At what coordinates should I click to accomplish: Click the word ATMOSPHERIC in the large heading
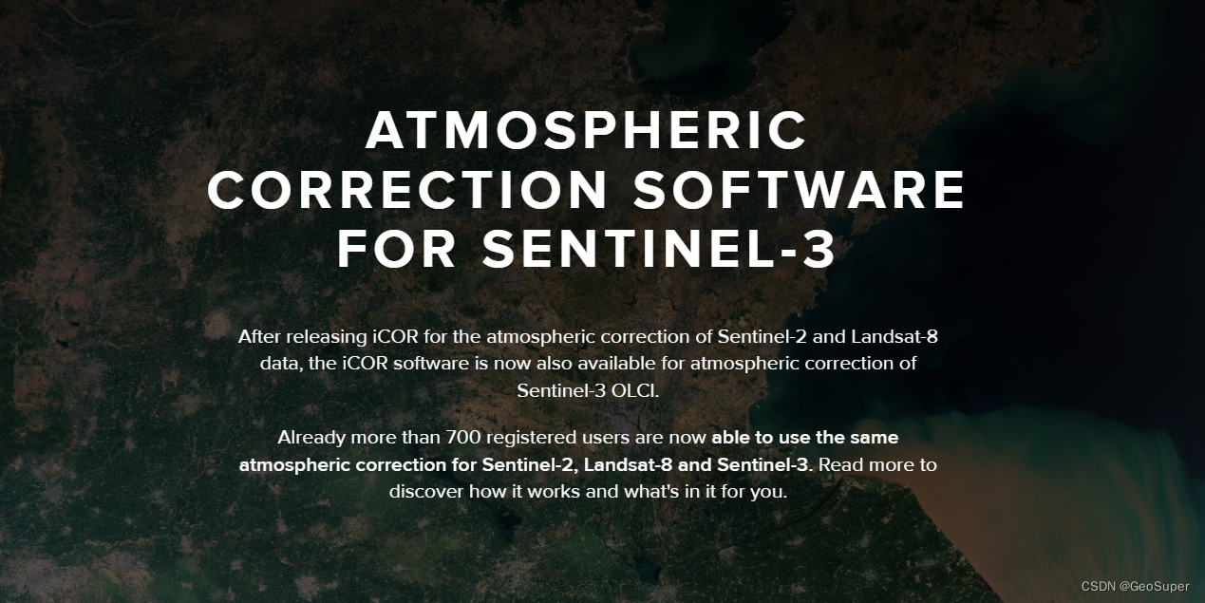click(586, 130)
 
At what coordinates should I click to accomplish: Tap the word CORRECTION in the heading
click(407, 190)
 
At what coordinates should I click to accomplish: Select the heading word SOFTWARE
click(799, 190)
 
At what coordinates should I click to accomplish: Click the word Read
click(839, 465)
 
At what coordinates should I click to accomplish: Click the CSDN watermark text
click(1097, 587)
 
